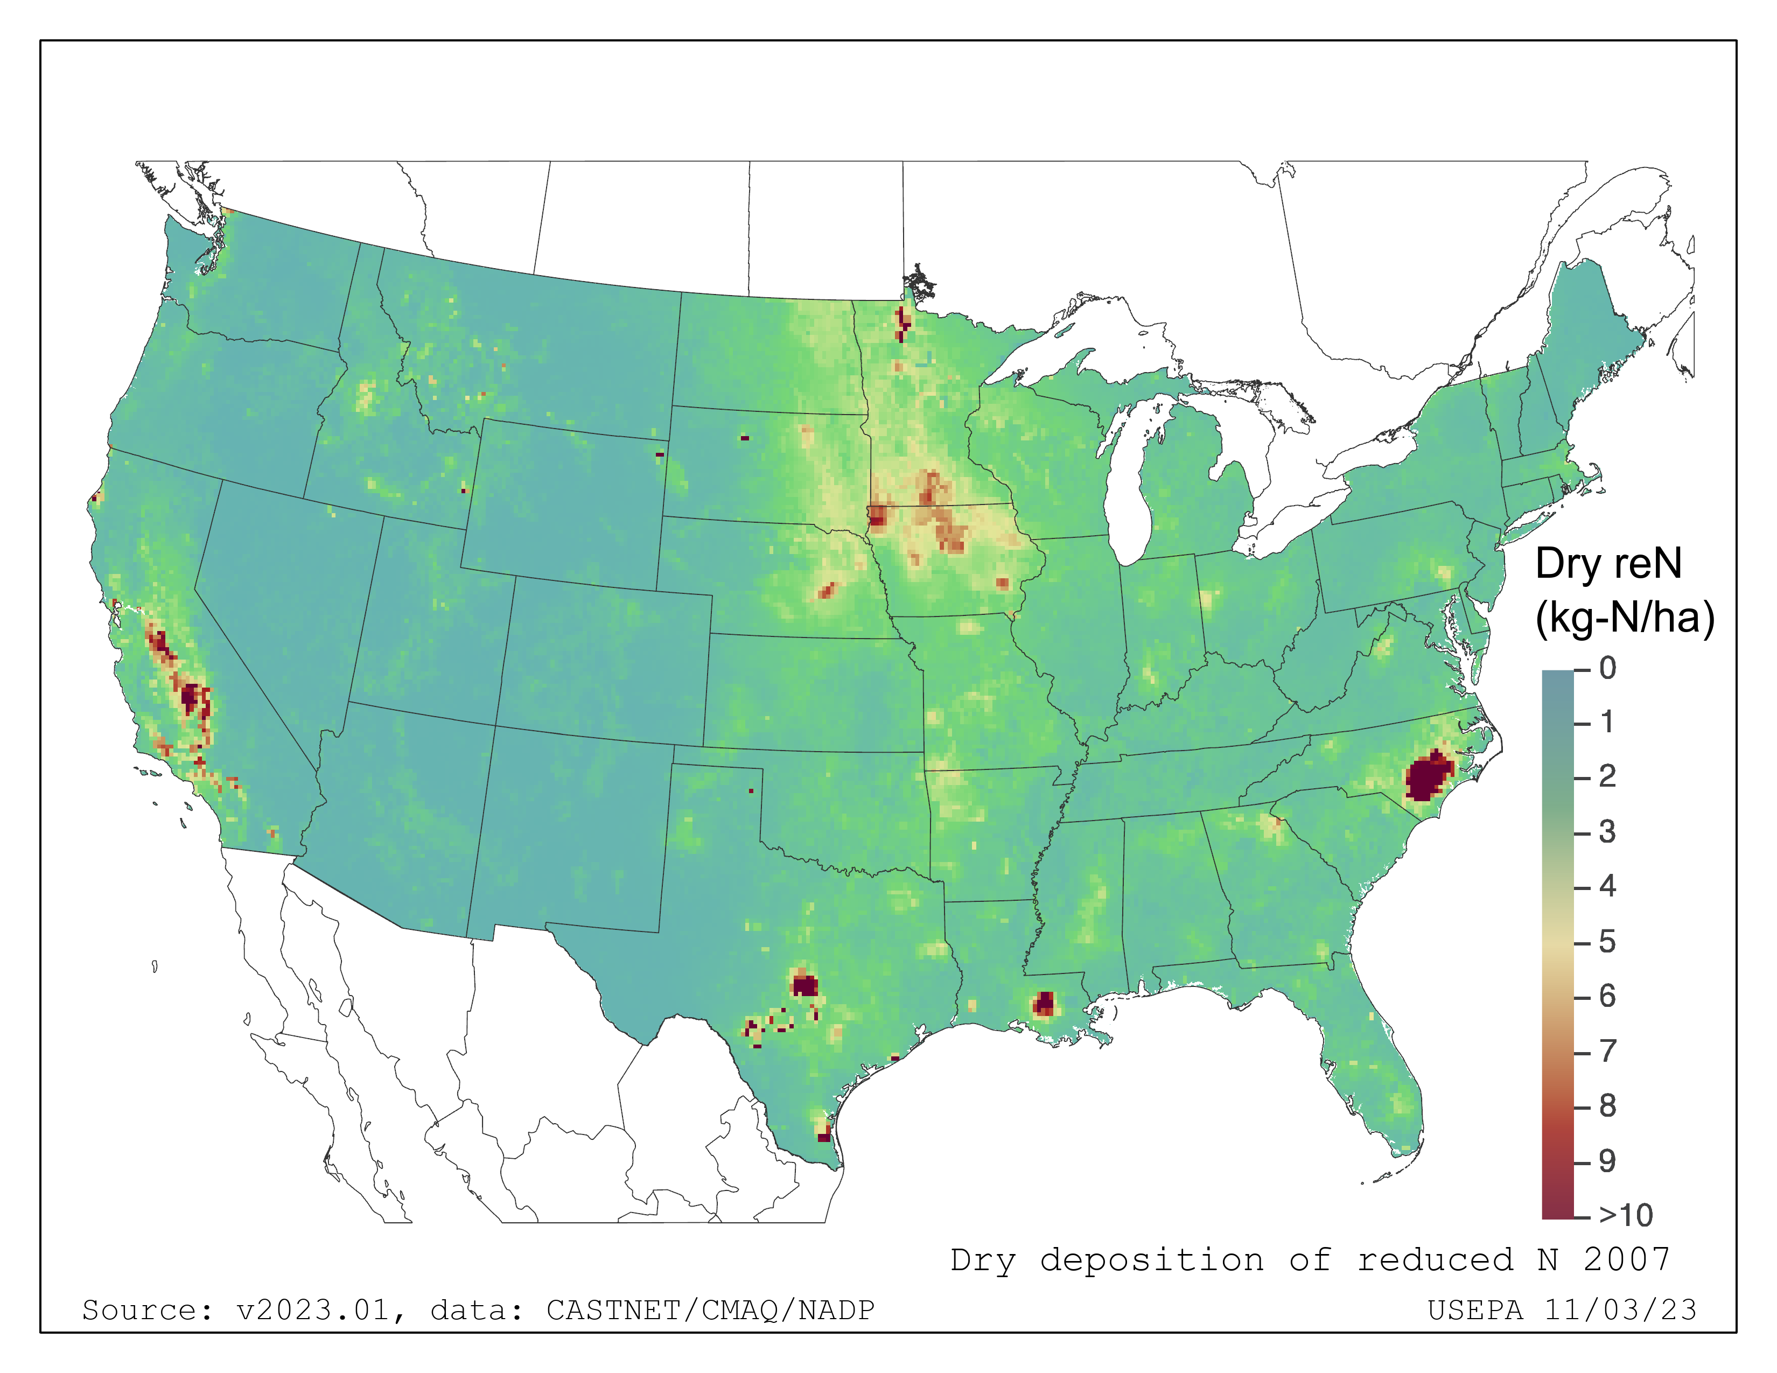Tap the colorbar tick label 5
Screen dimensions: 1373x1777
[x=1607, y=942]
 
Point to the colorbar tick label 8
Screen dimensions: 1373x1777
[x=1607, y=1105]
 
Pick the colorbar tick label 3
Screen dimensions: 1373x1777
[x=1607, y=832]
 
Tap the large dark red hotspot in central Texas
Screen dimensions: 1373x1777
[x=804, y=986]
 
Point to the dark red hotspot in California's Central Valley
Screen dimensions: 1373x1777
[x=191, y=698]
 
